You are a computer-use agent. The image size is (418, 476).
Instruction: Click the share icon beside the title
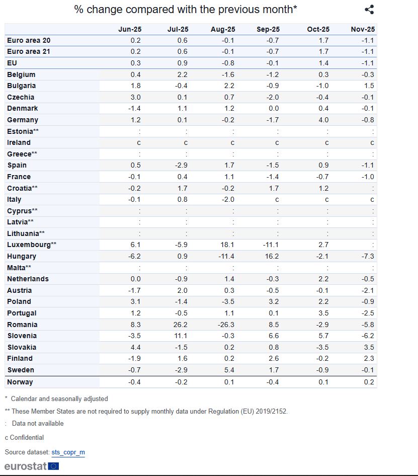tap(369, 10)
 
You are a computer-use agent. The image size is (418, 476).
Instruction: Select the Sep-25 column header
tap(268, 29)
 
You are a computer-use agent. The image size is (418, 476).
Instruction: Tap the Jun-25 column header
tap(129, 29)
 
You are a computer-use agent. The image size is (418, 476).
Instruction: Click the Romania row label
tap(22, 325)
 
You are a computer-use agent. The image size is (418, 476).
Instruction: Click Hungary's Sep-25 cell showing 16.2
tap(271, 256)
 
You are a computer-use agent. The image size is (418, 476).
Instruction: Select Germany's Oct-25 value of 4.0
tap(323, 120)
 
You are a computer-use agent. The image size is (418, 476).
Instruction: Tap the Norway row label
tap(20, 382)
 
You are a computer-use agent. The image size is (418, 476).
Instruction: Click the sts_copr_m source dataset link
tap(68, 452)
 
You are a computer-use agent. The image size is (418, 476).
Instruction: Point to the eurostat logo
tap(32, 466)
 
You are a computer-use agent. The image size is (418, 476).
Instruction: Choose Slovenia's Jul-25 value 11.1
tap(181, 336)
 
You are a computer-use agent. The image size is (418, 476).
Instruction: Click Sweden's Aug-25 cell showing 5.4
tap(229, 370)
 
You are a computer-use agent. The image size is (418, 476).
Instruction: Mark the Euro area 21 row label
tap(29, 51)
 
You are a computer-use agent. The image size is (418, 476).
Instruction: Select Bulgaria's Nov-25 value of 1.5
tap(369, 86)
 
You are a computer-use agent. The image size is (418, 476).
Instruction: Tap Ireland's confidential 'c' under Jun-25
tap(139, 142)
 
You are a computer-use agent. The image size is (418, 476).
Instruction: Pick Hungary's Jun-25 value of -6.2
tap(135, 256)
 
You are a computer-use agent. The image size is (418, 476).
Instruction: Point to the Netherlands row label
tap(28, 279)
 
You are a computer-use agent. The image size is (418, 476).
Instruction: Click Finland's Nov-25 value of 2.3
tap(369, 358)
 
